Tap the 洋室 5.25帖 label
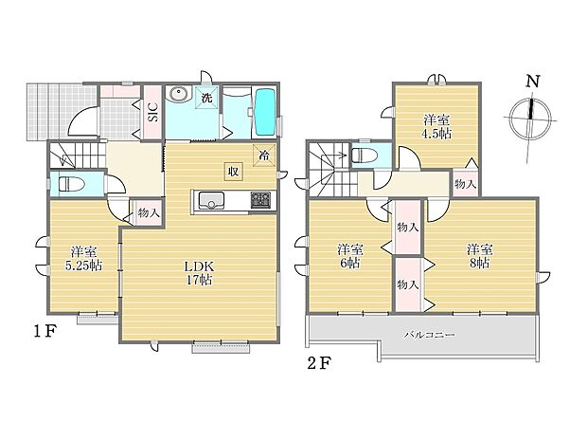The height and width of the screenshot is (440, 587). click(x=83, y=259)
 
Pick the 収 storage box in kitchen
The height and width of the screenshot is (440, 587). click(x=231, y=171)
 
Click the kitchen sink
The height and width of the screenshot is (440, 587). click(x=208, y=200)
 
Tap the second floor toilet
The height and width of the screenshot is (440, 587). click(x=365, y=156)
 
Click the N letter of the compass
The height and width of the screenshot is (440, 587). click(x=533, y=82)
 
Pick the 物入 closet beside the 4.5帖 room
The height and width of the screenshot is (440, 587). click(x=465, y=184)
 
